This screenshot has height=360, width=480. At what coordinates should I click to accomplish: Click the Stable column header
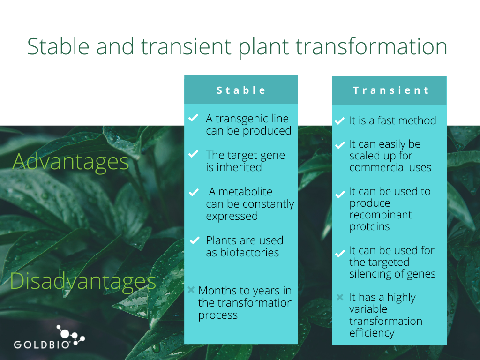[x=241, y=90]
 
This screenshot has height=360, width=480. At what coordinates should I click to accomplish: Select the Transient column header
[x=391, y=90]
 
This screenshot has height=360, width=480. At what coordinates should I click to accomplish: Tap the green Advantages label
[x=71, y=162]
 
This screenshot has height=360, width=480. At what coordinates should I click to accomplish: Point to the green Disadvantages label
[x=83, y=281]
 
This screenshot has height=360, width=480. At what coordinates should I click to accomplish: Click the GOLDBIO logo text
[x=42, y=345]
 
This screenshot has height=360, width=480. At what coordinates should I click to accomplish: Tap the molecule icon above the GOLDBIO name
[x=70, y=336]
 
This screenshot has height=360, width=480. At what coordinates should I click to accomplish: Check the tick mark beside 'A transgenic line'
[x=193, y=118]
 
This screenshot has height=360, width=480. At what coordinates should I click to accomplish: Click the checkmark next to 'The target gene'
[x=193, y=154]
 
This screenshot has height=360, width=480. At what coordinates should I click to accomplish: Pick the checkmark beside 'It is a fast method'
[x=339, y=121]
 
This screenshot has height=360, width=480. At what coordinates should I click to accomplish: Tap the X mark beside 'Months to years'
[x=191, y=290]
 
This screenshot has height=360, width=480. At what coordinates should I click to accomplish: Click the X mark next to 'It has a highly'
[x=340, y=297]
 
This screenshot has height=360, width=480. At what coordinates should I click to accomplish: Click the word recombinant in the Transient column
[x=380, y=215]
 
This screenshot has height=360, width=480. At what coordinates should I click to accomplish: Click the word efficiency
[x=372, y=333]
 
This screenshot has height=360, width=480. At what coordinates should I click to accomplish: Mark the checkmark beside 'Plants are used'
[x=195, y=240]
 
